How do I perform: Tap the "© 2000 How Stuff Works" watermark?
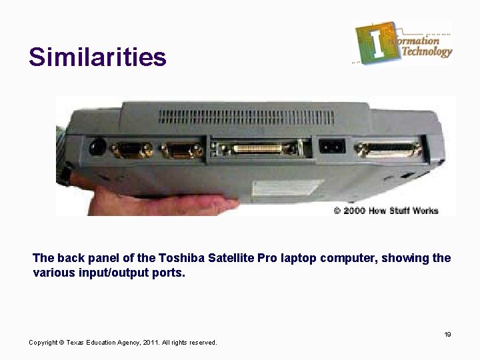(x=386, y=210)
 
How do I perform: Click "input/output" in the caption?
(x=109, y=273)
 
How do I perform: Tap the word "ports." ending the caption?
(x=169, y=273)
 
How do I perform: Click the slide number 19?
(x=448, y=334)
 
